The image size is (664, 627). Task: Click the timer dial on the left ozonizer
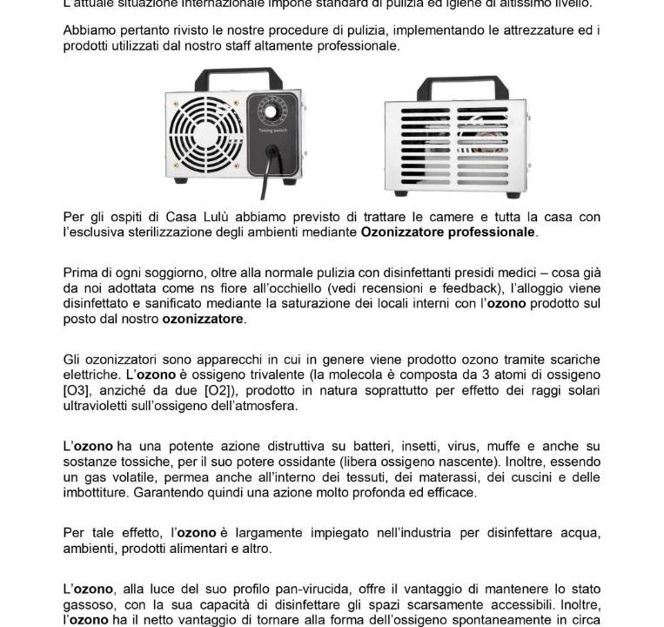click(270, 114)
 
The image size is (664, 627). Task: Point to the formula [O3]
click(79, 390)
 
